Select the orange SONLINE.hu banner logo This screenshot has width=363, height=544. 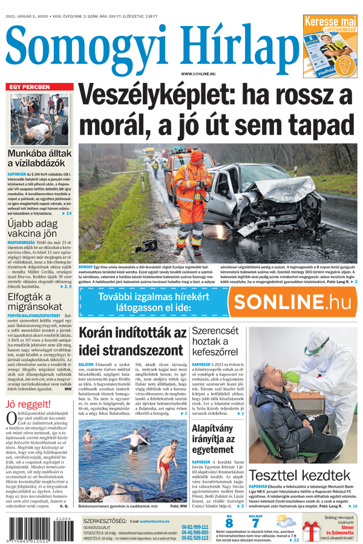click(x=290, y=301)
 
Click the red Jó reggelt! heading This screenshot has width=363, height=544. click(x=27, y=405)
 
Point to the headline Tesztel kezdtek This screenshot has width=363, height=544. click(x=299, y=474)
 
